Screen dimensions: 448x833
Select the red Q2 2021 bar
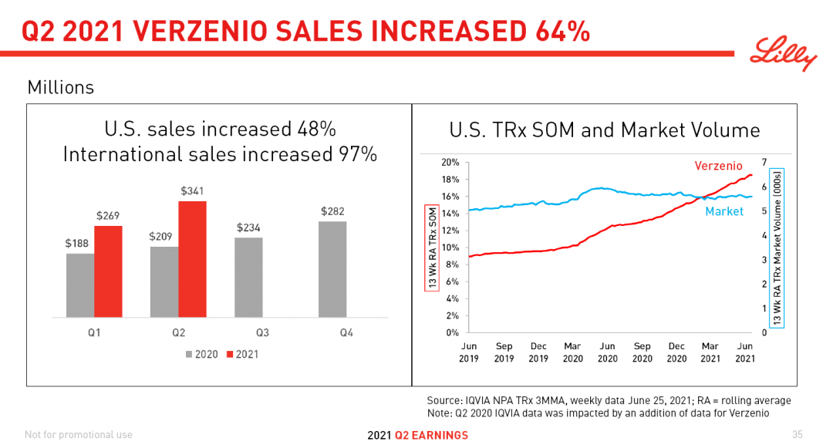pos(192,259)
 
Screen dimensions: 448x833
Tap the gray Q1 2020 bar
pos(80,285)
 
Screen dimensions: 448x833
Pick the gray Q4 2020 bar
pos(332,269)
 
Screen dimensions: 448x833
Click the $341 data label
pos(192,190)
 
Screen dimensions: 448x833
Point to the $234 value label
pos(248,227)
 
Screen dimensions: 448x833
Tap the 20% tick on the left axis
pos(450,163)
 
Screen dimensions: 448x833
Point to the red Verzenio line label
pos(718,166)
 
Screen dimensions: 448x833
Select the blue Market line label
pos(724,211)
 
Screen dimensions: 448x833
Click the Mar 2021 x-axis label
pos(710,352)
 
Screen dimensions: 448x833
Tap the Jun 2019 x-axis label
pos(469,352)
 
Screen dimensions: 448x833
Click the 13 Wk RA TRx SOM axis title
pos(431,247)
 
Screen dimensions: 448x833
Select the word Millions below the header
pos(61,88)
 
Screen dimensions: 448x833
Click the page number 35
pos(798,434)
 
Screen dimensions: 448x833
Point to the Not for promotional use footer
pos(79,435)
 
